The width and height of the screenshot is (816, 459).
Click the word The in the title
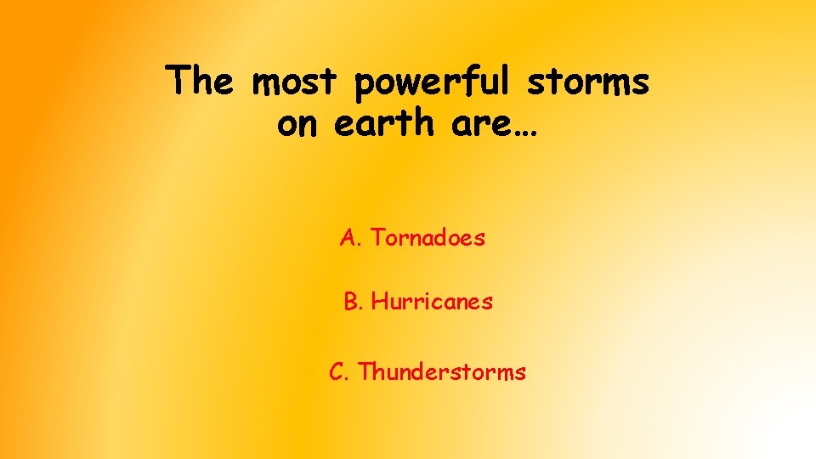click(198, 82)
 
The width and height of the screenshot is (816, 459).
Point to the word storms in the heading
click(587, 82)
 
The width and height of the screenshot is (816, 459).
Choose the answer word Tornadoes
click(428, 238)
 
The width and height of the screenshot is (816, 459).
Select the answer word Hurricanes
click(432, 302)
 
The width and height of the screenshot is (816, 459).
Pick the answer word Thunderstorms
click(442, 372)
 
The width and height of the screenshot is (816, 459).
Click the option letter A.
click(348, 238)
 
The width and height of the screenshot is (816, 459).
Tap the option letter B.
click(351, 302)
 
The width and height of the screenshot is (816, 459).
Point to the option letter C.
click(337, 372)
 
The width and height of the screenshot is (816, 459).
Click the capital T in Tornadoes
click(377, 238)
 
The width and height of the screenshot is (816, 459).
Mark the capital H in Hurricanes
click(379, 302)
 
